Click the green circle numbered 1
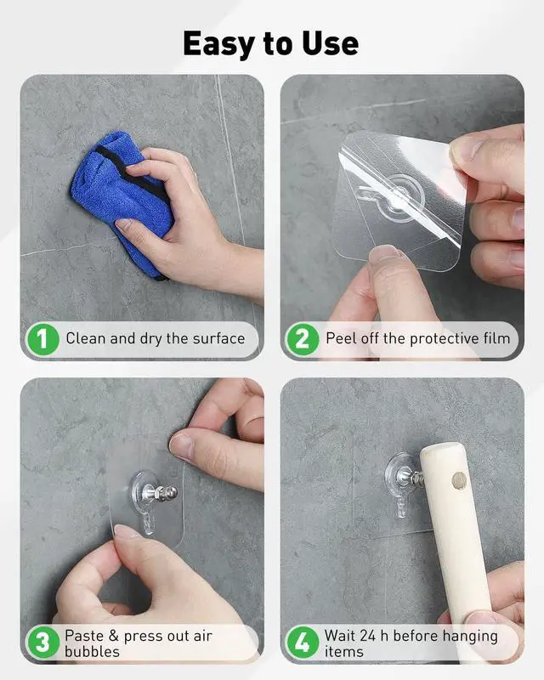[42, 339]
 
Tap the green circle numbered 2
[303, 339]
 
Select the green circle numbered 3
[42, 643]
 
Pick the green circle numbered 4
[303, 643]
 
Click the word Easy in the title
[218, 44]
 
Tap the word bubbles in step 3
[92, 652]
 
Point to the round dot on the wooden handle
[459, 480]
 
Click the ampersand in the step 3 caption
[114, 636]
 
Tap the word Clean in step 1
[86, 338]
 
